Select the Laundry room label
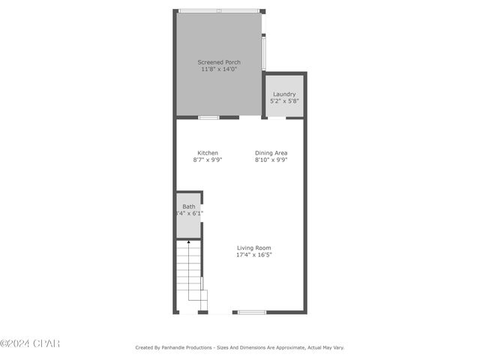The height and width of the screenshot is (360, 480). click(283, 94)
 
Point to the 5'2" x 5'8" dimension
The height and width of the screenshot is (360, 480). click(283, 101)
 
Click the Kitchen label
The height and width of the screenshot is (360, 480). click(208, 153)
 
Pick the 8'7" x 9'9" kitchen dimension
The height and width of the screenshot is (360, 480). click(208, 160)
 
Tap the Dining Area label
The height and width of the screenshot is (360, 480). click(271, 153)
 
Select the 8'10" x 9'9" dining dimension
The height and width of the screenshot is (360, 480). click(271, 160)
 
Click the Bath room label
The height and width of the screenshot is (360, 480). click(188, 206)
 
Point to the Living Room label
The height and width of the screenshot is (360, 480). click(253, 247)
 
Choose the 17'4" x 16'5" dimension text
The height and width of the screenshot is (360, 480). click(253, 255)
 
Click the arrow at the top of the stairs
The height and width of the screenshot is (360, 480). click(188, 242)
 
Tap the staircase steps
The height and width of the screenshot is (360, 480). click(189, 270)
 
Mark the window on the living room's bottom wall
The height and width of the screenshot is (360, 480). click(252, 312)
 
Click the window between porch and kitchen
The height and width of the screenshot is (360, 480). click(208, 117)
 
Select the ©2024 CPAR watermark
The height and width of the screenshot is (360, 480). click(30, 343)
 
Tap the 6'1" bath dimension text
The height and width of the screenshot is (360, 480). click(196, 214)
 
